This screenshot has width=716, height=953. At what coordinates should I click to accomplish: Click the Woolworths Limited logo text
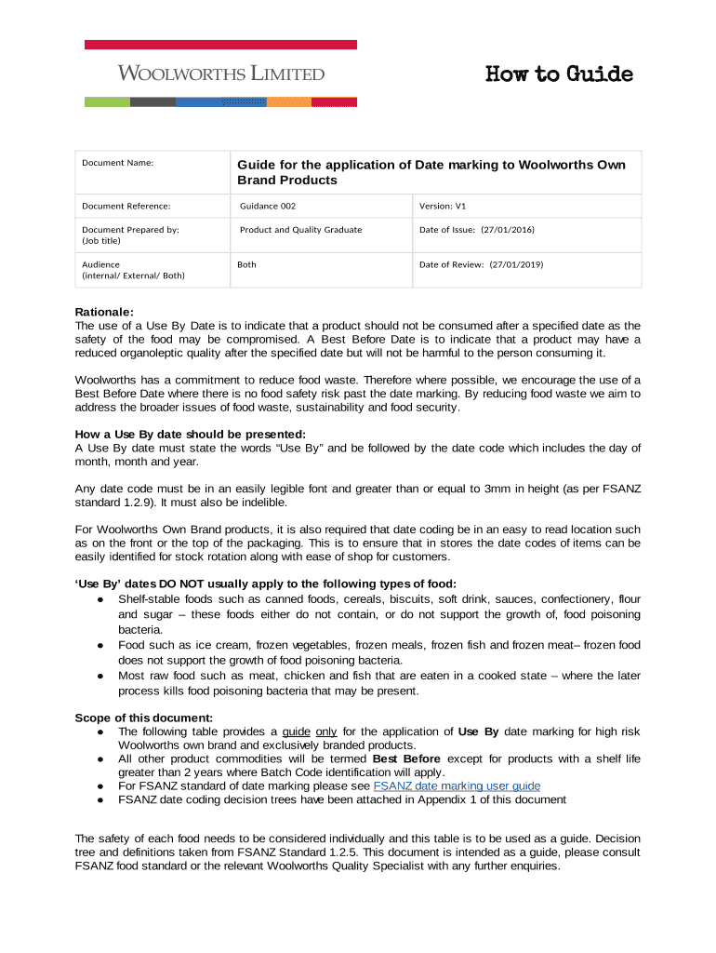pos(220,74)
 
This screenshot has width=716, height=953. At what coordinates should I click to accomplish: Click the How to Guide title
pos(559,74)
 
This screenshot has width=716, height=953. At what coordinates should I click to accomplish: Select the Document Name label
pos(117,163)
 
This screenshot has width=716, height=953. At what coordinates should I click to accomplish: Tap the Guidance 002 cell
pos(268,207)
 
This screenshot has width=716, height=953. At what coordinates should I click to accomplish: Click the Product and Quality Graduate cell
pos(300,230)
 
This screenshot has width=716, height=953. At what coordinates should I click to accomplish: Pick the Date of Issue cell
pos(477,230)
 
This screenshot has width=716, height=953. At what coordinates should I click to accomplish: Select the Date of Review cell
pos(481,265)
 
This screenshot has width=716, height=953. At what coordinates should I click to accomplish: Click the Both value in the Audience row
pos(247,265)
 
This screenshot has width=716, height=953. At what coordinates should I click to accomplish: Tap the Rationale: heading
pos(104,312)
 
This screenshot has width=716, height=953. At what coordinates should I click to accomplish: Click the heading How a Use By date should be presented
pos(190,434)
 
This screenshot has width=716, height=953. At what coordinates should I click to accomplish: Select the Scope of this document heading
pos(144,718)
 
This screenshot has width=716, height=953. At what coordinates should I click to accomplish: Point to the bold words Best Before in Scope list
pos(406,759)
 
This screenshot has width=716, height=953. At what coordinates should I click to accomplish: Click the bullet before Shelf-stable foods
pos(99,600)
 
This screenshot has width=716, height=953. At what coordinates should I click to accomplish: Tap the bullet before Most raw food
pos(99,676)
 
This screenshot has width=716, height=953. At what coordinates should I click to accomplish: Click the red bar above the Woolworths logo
pos(220,45)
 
